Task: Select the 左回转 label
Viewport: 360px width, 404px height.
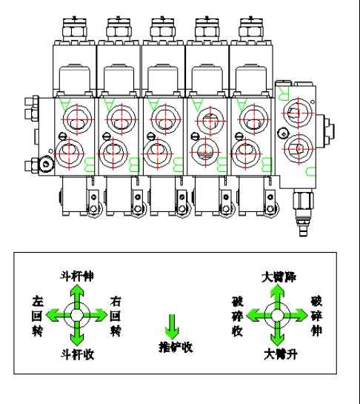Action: [39, 315]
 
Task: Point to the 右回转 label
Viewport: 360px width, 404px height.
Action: [115, 315]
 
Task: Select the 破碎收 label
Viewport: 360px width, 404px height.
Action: [237, 315]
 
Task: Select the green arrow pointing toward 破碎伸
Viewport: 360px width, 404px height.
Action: [294, 316]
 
